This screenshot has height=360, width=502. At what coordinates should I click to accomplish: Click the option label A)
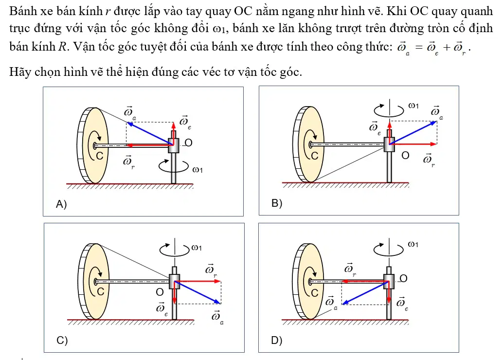tap(61, 204)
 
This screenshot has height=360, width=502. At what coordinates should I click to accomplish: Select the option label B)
tap(277, 203)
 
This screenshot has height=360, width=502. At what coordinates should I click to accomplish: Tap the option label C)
tap(62, 340)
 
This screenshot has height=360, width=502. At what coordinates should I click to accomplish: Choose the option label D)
tap(277, 340)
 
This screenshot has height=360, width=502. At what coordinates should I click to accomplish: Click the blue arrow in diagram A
tap(150, 133)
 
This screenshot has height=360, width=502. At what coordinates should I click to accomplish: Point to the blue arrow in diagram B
tap(413, 133)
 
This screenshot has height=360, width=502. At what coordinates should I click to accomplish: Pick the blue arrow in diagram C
tap(197, 292)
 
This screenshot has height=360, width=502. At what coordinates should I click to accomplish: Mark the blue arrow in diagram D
tap(366, 293)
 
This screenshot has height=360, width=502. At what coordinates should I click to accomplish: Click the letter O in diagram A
tap(188, 143)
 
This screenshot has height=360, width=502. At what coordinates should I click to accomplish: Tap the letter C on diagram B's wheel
tap(315, 156)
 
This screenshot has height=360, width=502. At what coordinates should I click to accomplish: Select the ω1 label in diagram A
tap(197, 170)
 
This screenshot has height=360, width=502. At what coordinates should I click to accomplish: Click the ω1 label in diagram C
tap(197, 248)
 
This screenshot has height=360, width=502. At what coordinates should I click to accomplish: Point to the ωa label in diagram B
tap(437, 112)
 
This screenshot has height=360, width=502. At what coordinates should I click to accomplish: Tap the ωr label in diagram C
tap(211, 270)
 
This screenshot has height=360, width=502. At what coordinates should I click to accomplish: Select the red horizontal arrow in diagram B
tap(413, 144)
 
